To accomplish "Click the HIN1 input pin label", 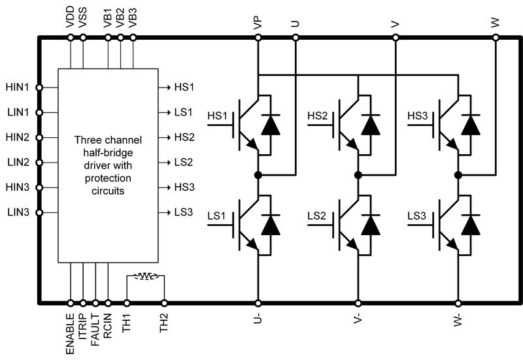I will click(18, 87).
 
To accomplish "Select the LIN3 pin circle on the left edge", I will click(39, 212).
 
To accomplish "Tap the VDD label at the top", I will click(70, 19).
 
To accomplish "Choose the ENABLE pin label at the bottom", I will click(70, 333).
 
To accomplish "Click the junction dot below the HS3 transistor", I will click(458, 175).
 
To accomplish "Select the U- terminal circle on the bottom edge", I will click(258, 303).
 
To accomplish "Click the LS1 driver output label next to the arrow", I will click(184, 112).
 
